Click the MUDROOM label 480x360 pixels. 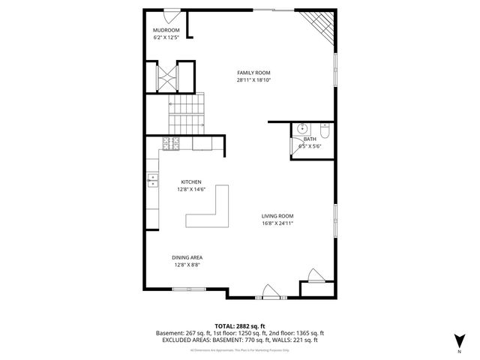pyautogui.click(x=166, y=30)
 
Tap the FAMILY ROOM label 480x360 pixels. pyautogui.click(x=253, y=73)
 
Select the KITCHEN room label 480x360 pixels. pyautogui.click(x=191, y=181)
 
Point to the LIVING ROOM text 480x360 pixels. pyautogui.click(x=277, y=216)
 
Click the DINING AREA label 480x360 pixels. pyautogui.click(x=187, y=257)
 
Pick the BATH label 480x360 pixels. pyautogui.click(x=310, y=139)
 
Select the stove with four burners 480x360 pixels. pyautogui.click(x=170, y=142)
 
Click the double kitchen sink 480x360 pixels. pyautogui.click(x=152, y=179)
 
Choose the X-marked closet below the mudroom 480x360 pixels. pyautogui.click(x=167, y=76)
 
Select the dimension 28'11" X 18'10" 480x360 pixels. pyautogui.click(x=253, y=79)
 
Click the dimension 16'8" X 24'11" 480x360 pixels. pyautogui.click(x=277, y=223)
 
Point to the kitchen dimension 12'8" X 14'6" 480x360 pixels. pyautogui.click(x=191, y=189)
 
